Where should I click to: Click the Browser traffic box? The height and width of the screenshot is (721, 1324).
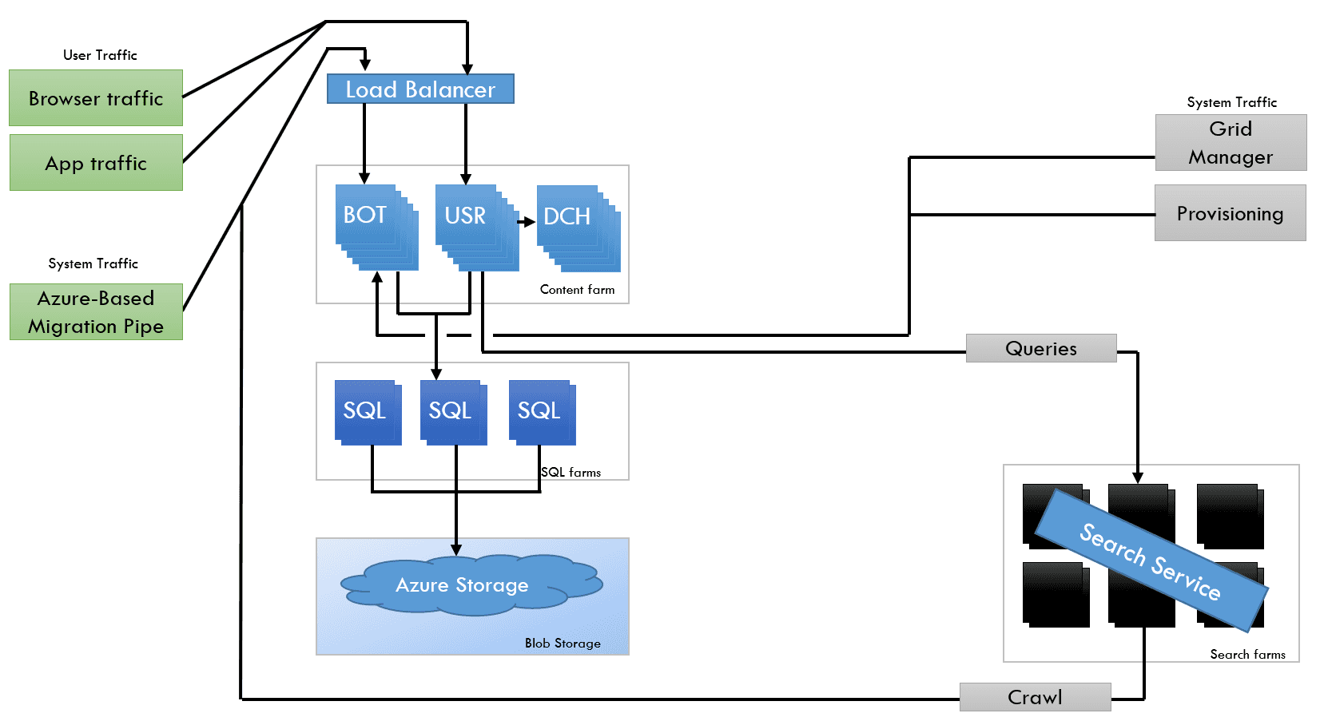96,98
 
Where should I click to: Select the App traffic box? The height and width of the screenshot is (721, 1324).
96,162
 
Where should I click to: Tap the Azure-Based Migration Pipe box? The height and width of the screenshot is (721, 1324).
96,311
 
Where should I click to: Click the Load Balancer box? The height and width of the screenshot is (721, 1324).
420,89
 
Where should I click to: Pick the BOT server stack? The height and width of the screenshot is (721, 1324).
376,228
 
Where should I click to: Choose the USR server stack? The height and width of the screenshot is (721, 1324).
477,228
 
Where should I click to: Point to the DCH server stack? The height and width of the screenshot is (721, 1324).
578,228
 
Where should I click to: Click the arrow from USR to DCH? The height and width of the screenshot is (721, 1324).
526,222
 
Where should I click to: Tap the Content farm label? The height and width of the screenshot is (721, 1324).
577,289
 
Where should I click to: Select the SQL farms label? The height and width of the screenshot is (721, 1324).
571,472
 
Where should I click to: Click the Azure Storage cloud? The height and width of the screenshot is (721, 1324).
471,584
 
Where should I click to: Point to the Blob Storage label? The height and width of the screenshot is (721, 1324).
563,643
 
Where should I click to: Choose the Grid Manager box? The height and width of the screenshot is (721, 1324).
1231,142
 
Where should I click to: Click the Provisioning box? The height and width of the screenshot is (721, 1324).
1230,212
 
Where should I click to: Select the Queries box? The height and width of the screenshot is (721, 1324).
1041,348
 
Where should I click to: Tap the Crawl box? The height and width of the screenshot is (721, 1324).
1035,697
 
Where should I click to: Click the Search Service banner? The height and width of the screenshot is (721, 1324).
1151,561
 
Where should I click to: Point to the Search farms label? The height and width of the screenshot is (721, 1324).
1247,654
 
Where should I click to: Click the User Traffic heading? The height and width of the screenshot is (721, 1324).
100,55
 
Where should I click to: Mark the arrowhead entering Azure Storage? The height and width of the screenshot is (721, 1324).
456,550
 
